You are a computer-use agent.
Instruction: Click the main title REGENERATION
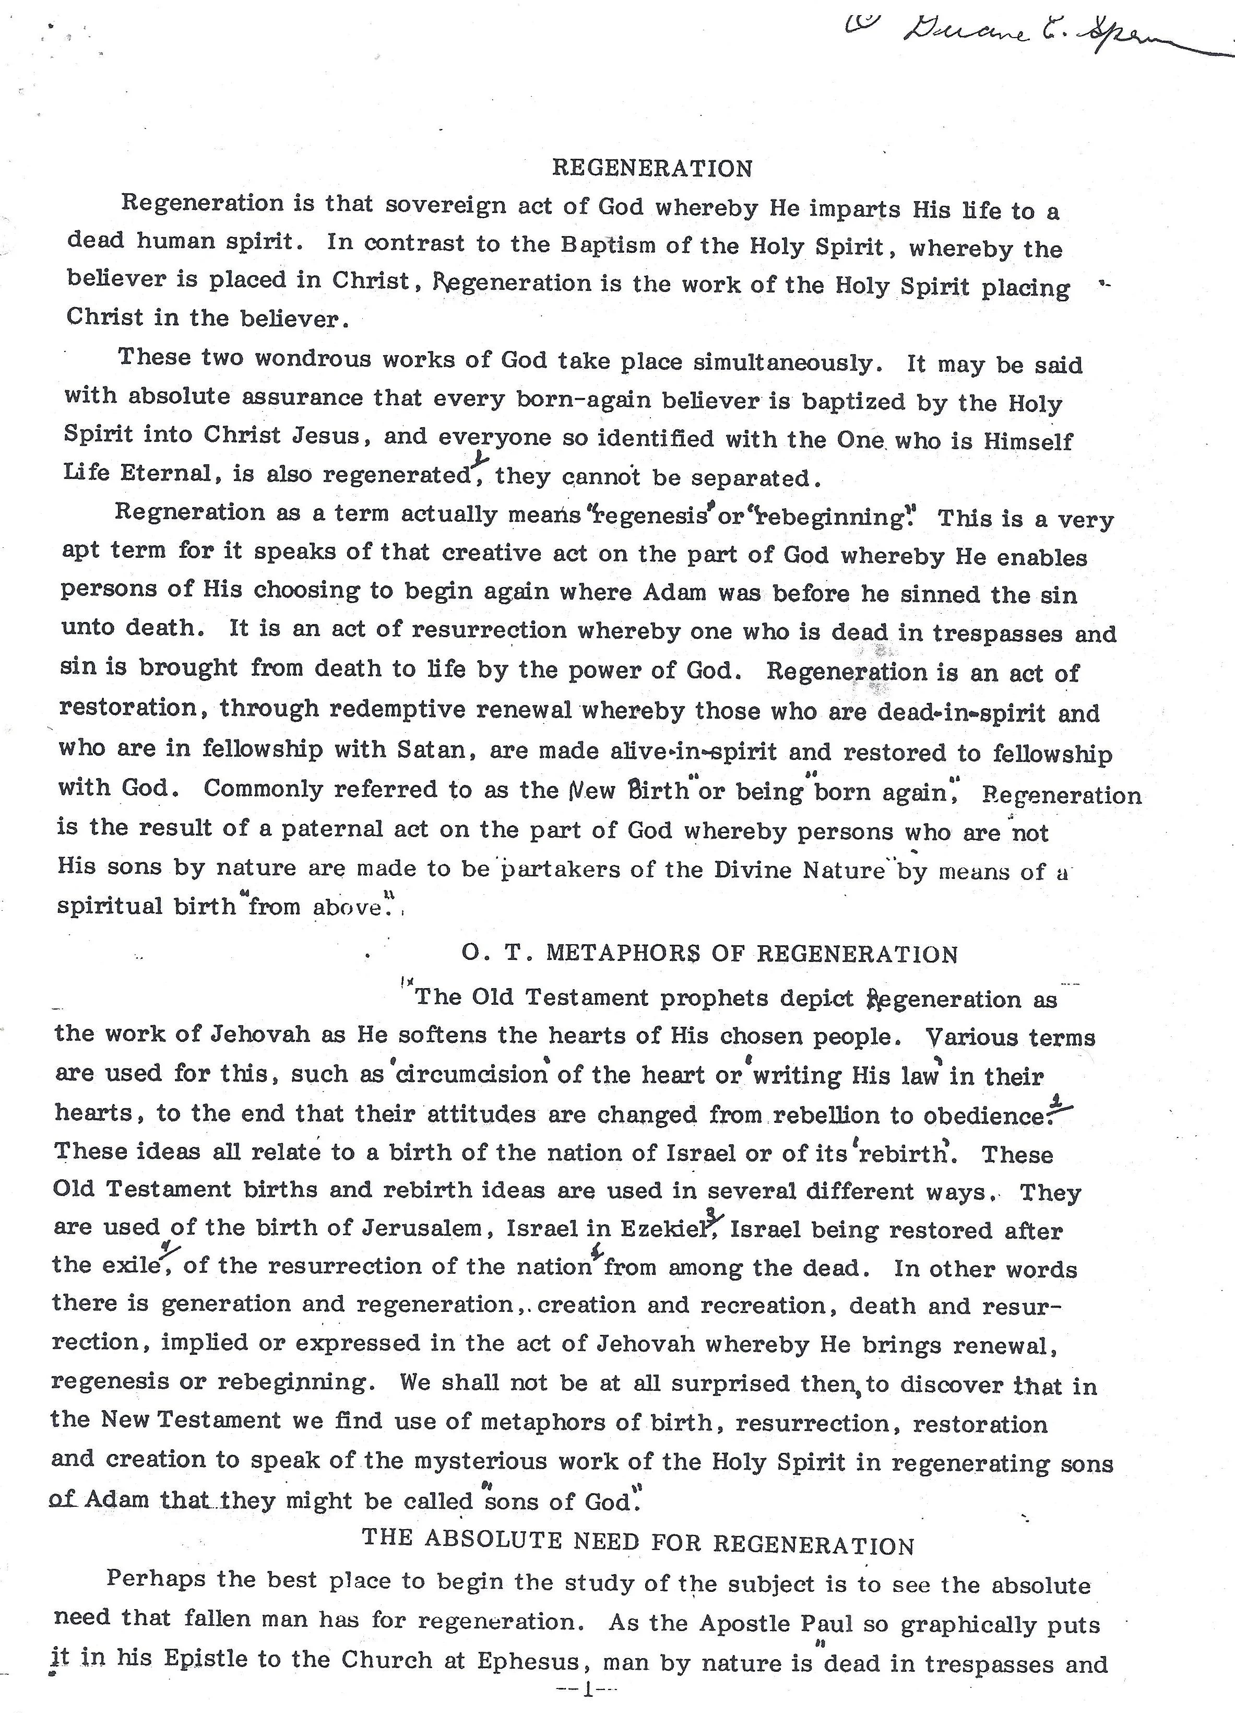tap(652, 168)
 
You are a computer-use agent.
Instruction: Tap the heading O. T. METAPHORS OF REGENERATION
tap(709, 954)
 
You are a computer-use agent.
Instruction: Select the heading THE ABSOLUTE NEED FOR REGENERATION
tap(638, 1540)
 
